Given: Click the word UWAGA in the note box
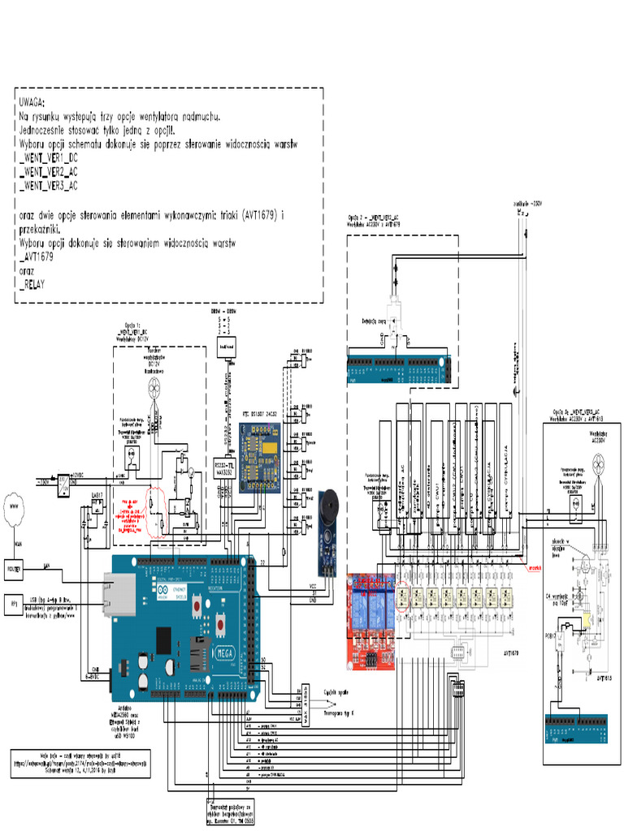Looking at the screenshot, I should click(34, 104).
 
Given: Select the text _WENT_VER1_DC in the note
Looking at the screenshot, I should click(49, 158).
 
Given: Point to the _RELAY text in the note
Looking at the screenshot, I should click(32, 285).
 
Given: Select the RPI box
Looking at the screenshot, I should click(14, 603).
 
